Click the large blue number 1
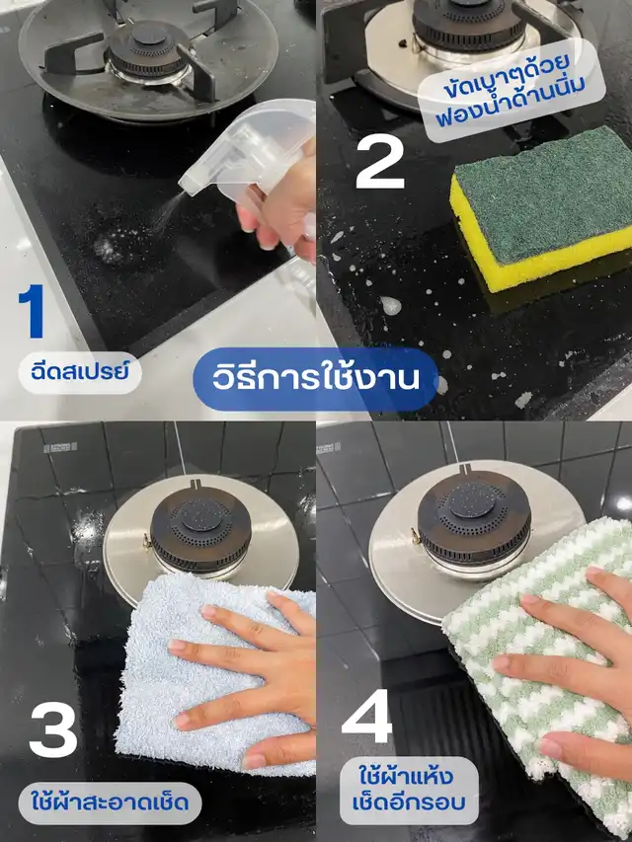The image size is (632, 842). coord(33,312)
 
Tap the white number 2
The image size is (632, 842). coord(380,162)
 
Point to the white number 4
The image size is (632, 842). coord(367,716)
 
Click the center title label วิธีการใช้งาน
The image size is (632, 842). coord(315,379)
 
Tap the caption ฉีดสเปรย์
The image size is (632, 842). coord(80,373)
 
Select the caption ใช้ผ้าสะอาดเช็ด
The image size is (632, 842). coord(111,804)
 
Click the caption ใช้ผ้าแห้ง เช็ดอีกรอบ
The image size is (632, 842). coord(409,791)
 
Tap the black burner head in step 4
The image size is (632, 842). coord(474,518)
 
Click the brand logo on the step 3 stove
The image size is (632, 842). coord(60,447)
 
